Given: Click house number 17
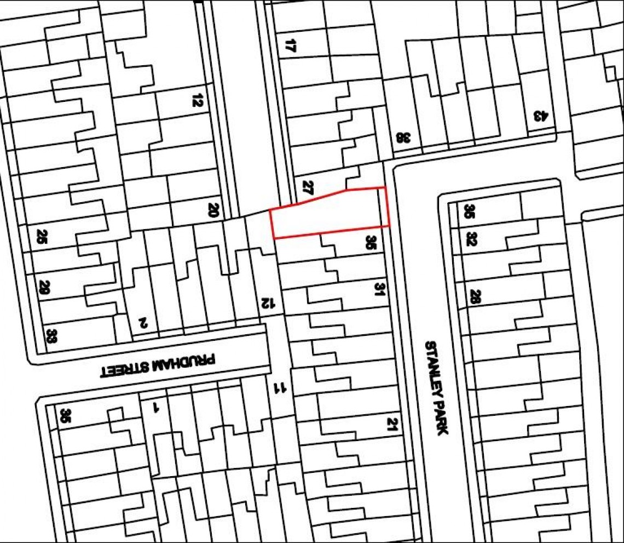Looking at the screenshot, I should pyautogui.click(x=291, y=45).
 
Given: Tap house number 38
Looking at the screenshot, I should pyautogui.click(x=403, y=138).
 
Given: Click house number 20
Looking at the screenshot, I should pyautogui.click(x=213, y=209).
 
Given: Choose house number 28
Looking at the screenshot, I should pyautogui.click(x=475, y=297).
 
